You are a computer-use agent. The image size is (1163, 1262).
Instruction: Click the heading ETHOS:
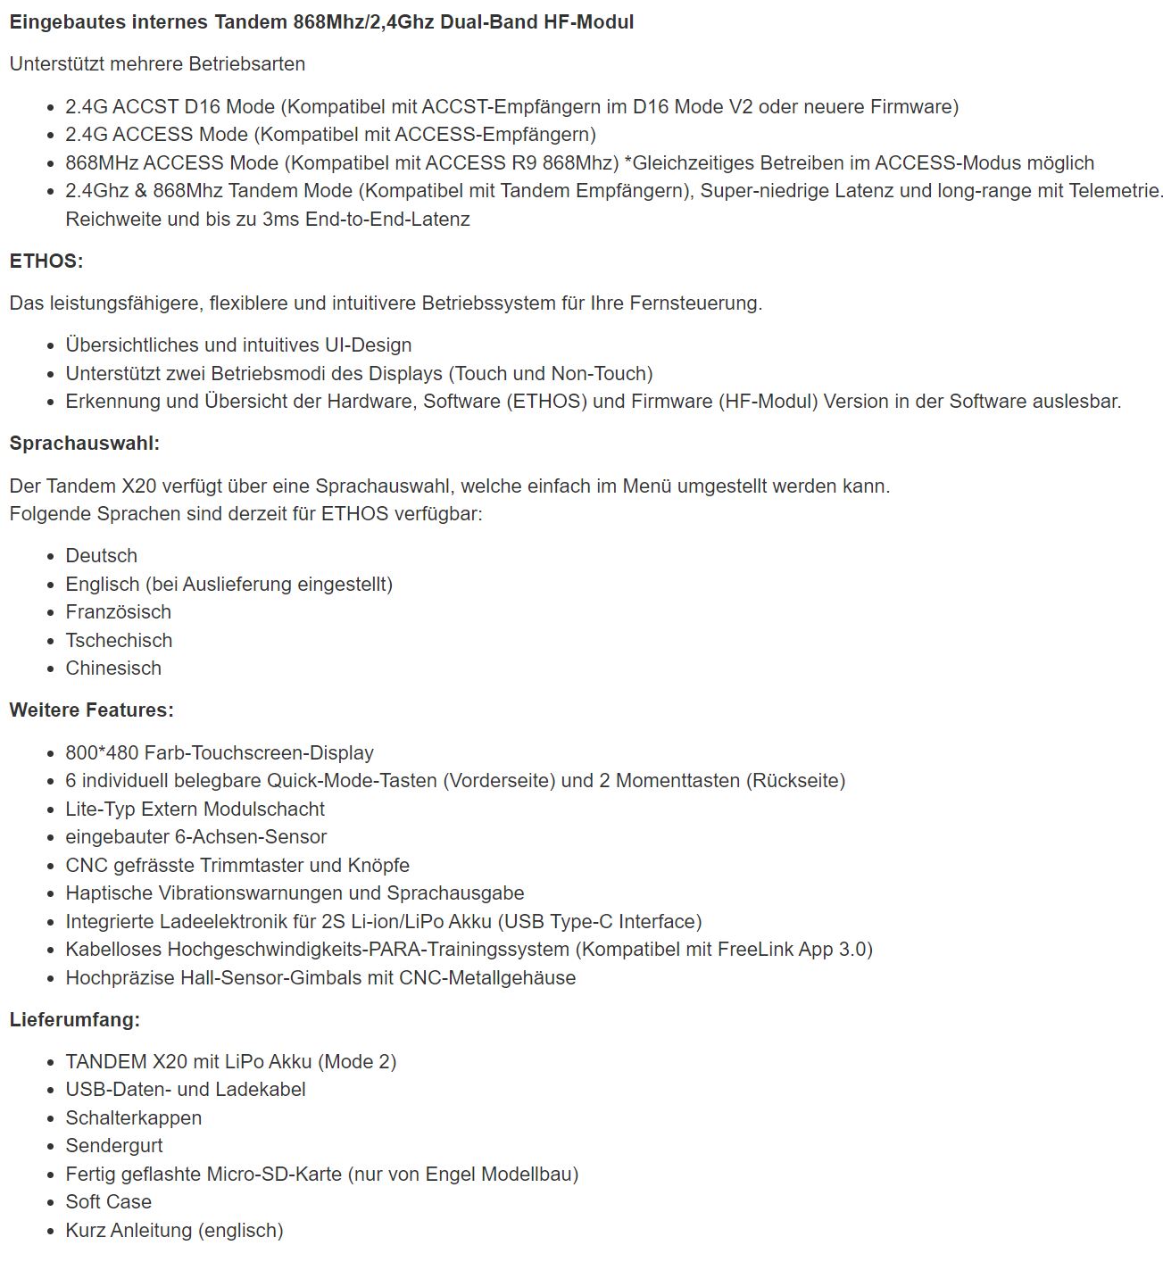coord(46,262)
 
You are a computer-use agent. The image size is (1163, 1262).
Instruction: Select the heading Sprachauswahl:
coord(85,444)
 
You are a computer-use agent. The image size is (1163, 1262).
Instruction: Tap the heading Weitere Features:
coord(92,710)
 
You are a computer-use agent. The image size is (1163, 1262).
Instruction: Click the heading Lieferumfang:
coord(75,1019)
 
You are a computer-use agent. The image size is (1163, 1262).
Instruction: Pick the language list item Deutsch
coord(102,556)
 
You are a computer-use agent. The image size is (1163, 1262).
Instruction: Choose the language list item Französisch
coord(119,612)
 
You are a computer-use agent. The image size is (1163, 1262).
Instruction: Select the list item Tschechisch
coord(120,641)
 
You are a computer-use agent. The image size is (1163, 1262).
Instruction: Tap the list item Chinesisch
coord(113,668)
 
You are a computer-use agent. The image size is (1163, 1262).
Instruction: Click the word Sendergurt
coord(114,1146)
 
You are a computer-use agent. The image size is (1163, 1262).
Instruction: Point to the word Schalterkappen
coord(134,1118)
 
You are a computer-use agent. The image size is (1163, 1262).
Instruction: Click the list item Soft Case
coord(109,1202)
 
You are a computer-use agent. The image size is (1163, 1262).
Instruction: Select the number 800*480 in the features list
coord(102,753)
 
